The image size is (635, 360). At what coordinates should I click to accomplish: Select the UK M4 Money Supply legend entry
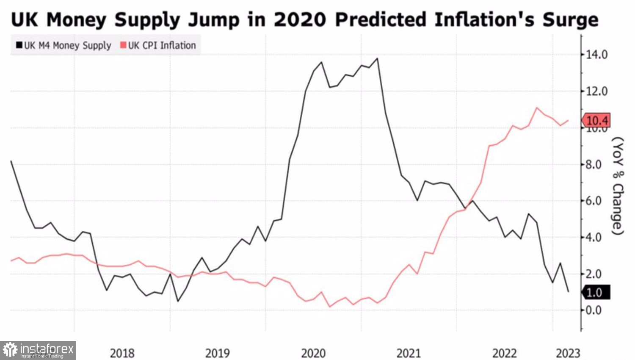(63, 45)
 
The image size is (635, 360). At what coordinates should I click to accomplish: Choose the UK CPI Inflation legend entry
(158, 45)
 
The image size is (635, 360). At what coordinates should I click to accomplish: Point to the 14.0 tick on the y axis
(596, 54)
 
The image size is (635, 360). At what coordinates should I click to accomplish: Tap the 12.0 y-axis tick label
(596, 91)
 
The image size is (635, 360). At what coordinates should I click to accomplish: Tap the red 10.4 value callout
(596, 120)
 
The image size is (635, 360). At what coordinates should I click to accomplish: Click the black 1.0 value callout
(595, 292)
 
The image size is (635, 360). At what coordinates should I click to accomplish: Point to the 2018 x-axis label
(122, 353)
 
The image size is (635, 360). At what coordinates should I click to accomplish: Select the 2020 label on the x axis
(313, 353)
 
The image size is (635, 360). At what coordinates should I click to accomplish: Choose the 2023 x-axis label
(568, 353)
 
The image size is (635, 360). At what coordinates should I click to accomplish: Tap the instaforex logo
(38, 350)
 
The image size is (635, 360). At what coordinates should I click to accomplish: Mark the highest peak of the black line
(377, 58)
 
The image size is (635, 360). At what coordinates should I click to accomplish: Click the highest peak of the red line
(537, 108)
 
